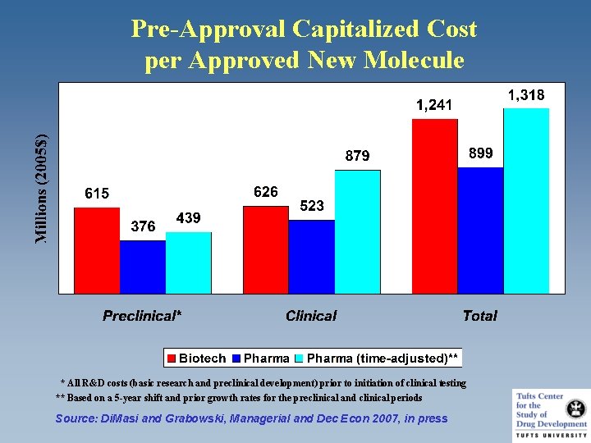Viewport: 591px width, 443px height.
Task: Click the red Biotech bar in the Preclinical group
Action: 97,250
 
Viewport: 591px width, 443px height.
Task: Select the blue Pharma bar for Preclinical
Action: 143,267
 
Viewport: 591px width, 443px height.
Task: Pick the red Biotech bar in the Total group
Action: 435,205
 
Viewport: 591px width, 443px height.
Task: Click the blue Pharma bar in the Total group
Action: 480,230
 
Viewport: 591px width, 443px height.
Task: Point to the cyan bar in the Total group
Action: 526,200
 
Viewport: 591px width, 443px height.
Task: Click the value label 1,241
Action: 433,105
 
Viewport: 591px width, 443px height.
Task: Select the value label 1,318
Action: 525,95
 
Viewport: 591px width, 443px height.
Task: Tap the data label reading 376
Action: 143,226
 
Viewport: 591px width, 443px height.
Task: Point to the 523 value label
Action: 312,206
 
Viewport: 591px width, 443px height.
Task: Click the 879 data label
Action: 357,156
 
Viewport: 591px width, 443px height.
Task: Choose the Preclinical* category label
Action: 142,316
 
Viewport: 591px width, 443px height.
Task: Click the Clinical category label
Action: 311,316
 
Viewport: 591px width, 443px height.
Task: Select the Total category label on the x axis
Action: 479,316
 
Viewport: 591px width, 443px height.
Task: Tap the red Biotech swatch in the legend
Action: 172,359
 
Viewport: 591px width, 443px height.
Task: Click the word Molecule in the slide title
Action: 414,60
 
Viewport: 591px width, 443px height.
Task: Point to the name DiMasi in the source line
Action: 121,418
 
